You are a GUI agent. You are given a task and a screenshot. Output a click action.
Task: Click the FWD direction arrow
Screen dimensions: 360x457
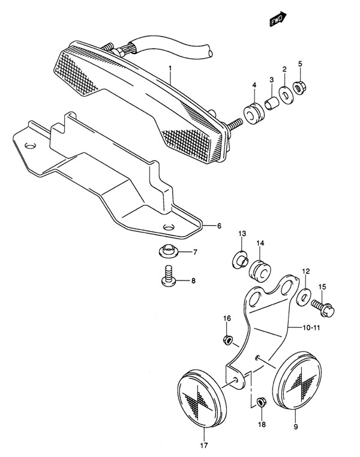coord(278,19)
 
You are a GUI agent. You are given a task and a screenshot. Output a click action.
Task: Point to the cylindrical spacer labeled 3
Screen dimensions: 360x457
coord(271,104)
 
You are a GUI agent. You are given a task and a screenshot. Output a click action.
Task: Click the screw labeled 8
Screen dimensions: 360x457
coord(169,276)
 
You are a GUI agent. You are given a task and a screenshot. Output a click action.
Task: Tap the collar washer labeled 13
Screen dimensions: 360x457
coord(240,259)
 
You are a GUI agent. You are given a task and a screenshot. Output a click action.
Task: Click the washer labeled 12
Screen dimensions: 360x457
coord(304,297)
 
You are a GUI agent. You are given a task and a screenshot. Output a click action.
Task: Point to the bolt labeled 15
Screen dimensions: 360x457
coord(323,308)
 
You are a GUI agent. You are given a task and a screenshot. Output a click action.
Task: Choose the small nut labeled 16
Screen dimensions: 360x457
coord(227,340)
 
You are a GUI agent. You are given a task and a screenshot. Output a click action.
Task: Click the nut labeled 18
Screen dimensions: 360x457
coord(261,402)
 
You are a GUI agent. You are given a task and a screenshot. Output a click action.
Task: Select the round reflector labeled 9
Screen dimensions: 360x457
coord(297,380)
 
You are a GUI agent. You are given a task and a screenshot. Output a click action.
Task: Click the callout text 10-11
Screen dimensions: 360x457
coord(311,328)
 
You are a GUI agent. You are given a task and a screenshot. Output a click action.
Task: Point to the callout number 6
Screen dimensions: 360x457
coord(219,226)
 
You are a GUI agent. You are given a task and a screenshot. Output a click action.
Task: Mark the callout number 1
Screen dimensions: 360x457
coord(170,68)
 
